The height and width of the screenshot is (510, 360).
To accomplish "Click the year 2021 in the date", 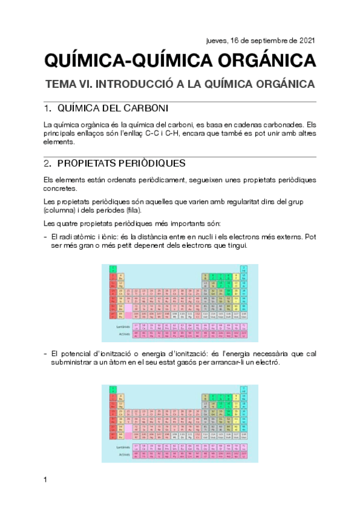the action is [x=306, y=41].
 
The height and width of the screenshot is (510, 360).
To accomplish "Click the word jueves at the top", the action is [x=218, y=41].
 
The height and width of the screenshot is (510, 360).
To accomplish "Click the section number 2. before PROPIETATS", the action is [x=47, y=164].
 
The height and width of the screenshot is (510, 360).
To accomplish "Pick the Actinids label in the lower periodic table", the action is [x=124, y=455].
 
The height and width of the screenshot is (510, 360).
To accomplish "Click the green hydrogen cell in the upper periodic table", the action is [x=112, y=268].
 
